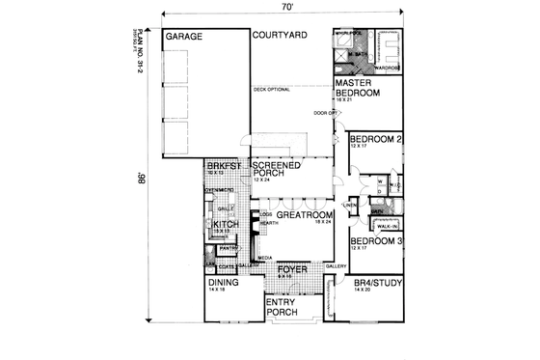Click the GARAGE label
pos(182,37)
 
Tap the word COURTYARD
pos(280,36)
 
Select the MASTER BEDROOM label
pos(358,88)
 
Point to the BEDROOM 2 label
pos(375,139)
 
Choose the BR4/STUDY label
pos(375,284)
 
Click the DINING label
pos(224,283)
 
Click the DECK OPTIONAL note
pos(272,90)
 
